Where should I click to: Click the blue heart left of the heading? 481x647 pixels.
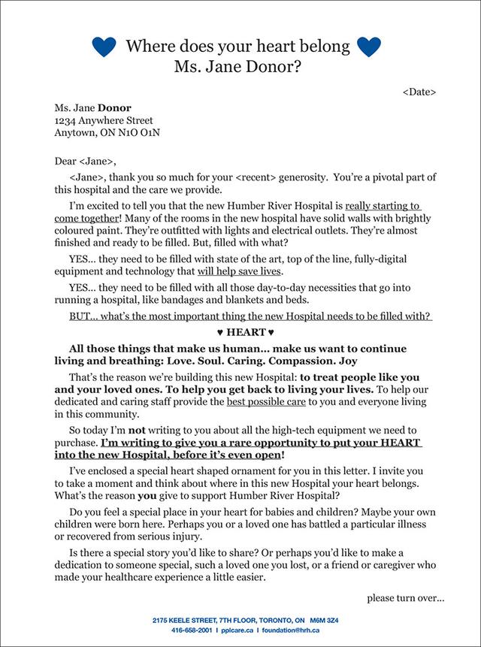[104, 47]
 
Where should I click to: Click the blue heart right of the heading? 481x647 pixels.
[369, 47]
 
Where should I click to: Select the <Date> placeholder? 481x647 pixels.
[419, 92]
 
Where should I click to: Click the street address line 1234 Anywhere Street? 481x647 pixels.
[104, 120]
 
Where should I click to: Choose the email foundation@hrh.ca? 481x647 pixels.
[289, 630]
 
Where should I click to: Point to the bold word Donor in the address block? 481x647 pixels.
[115, 107]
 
